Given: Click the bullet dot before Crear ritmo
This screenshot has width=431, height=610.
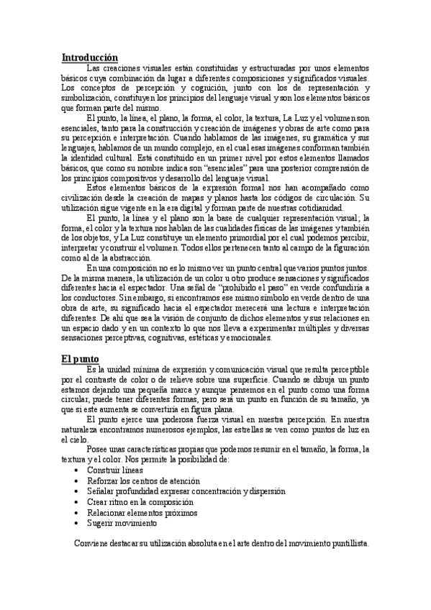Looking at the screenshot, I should [x=77, y=502].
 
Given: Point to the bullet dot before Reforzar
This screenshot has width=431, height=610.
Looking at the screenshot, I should [x=77, y=481].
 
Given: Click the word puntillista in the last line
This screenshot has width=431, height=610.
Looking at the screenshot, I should [x=345, y=544].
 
